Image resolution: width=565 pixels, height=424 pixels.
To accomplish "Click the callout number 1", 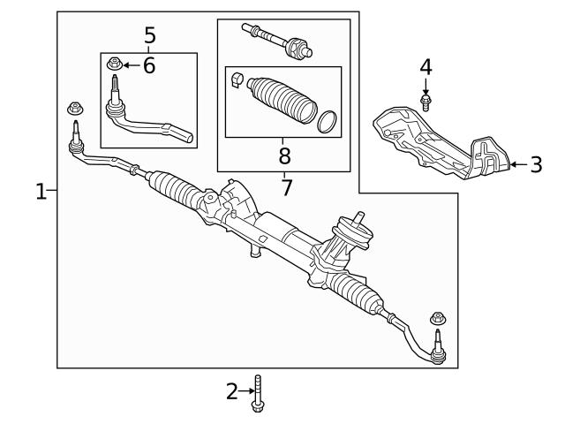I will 41,191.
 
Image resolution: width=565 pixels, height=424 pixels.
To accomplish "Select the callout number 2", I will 232,391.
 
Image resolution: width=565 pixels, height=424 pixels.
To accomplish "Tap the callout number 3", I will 536,164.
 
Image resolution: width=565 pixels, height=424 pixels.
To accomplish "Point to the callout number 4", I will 426,67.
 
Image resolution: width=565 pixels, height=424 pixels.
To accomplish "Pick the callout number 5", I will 149,35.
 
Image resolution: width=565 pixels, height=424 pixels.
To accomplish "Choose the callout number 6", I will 148,64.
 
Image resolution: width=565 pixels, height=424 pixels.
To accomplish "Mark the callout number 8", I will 284,155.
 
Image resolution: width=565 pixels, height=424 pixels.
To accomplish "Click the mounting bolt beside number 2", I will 258,392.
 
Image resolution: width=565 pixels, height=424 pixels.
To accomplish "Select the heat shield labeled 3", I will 437,145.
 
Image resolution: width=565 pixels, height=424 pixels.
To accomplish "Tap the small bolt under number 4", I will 426,101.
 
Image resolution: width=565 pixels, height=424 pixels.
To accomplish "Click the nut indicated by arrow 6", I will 114,64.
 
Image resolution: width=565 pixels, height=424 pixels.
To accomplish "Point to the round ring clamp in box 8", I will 325,121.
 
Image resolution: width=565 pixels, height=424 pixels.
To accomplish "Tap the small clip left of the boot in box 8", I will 237,84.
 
